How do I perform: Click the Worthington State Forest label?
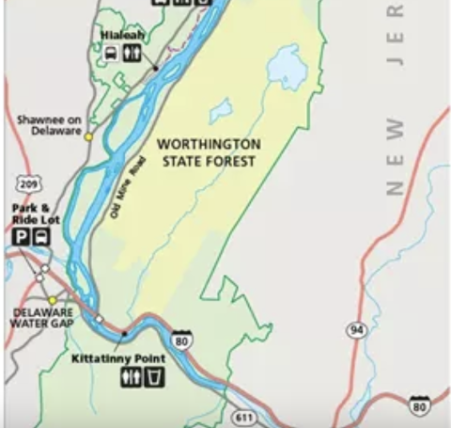coord(209,152)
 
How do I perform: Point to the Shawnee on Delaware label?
coord(49,126)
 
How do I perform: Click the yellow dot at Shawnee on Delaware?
coord(89,136)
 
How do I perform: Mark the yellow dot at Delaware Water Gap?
coord(53,300)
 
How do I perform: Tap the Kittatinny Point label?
coord(118,359)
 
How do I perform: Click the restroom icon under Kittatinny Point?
coord(131,378)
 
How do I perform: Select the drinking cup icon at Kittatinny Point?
coord(154,378)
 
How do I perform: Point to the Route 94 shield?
coord(356,330)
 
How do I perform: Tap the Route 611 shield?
coord(244,416)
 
